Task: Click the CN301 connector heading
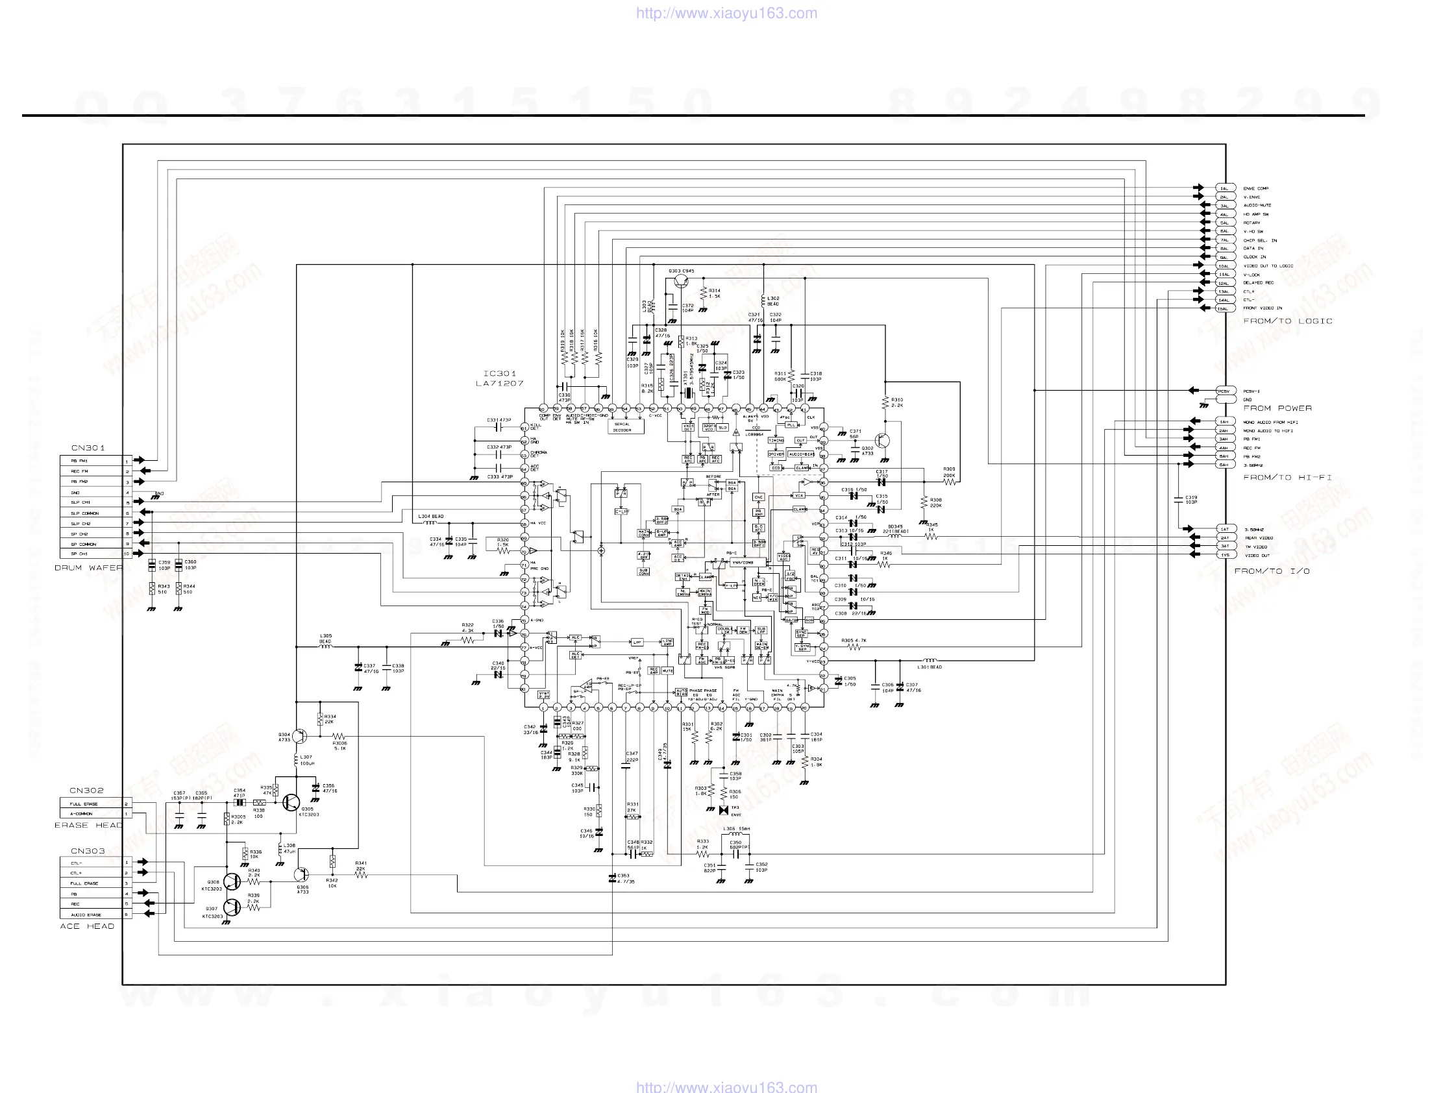tap(88, 448)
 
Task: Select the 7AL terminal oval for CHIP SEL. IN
tap(1224, 240)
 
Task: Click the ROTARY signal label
tap(1251, 223)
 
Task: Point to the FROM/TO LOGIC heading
tap(1288, 321)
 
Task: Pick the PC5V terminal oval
tap(1224, 391)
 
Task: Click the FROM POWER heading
tap(1277, 408)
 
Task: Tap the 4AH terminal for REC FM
tap(1224, 448)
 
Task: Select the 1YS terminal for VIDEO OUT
tap(1225, 555)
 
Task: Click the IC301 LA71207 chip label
tap(500, 378)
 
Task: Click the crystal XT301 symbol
tap(687, 393)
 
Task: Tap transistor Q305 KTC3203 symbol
tap(291, 802)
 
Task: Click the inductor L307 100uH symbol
tap(296, 761)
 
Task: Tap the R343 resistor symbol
tap(152, 588)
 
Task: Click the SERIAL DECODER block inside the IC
tap(623, 426)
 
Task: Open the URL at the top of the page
tap(726, 13)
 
